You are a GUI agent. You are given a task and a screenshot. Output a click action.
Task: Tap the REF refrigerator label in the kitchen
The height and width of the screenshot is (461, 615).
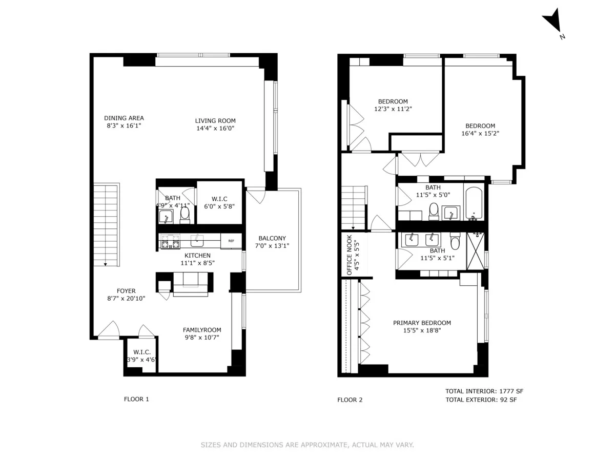231,241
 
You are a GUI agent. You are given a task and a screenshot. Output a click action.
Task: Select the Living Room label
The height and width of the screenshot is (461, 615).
215,121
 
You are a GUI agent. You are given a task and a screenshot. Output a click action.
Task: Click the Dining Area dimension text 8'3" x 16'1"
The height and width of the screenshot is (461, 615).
124,125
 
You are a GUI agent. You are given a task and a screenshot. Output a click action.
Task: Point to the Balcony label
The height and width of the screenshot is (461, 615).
272,238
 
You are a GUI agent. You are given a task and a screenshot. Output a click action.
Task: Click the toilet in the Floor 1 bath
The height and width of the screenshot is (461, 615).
185,215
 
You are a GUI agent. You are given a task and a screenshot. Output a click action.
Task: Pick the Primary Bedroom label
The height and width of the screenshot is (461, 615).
422,323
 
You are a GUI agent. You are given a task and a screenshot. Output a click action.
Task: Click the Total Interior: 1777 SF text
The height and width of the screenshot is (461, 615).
484,391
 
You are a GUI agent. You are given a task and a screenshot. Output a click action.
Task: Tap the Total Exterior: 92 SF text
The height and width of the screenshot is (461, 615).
481,400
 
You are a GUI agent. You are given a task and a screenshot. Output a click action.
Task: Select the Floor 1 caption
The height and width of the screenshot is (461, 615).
136,399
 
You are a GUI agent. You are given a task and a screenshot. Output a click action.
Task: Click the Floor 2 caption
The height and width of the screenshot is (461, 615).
350,400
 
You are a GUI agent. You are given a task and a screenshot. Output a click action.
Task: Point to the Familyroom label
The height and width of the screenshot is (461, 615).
202,330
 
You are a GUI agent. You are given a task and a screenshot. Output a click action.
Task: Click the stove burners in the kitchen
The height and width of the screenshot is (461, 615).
168,241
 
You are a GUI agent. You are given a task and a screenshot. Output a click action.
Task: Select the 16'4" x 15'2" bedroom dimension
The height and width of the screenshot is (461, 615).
480,133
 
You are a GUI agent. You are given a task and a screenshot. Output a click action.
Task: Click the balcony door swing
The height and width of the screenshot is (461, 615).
255,196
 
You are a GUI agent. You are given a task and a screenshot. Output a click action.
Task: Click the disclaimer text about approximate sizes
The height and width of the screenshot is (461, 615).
307,445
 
